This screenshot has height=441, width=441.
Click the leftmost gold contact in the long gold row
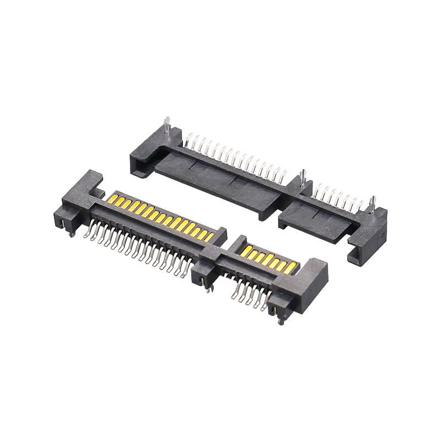[x=115, y=197]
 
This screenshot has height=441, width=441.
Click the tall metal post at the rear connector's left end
[x=167, y=126]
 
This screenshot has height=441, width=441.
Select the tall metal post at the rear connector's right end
[x=373, y=203]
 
